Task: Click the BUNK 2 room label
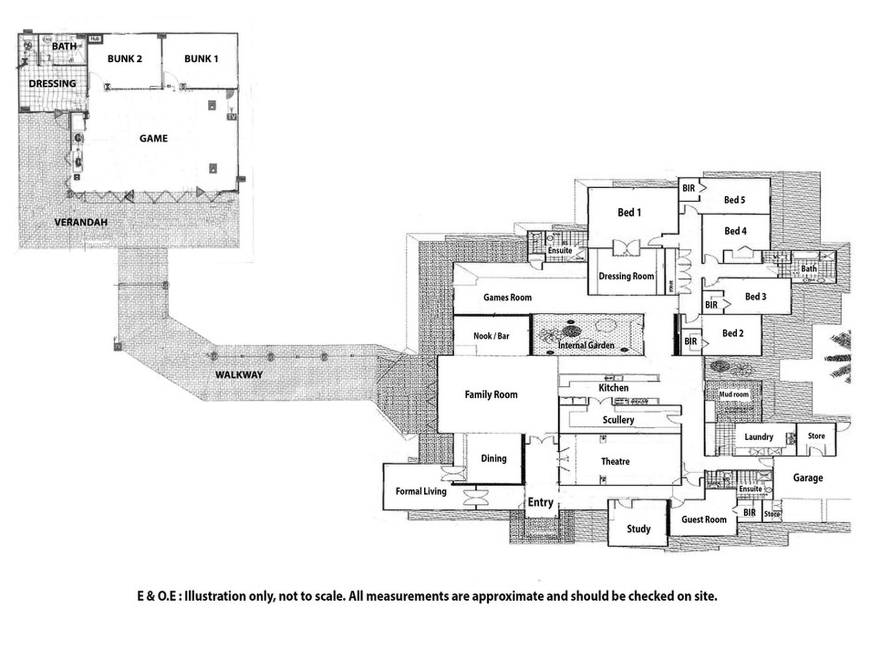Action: coord(124,59)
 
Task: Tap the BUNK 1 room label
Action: coord(201,59)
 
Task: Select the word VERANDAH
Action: coord(81,222)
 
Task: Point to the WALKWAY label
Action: coord(239,375)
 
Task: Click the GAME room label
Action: coord(153,138)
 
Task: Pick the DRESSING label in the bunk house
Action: coord(52,84)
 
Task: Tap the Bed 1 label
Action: coord(629,213)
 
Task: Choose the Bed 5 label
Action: coord(734,200)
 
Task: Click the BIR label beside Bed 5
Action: coord(689,188)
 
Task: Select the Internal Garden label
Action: coord(586,345)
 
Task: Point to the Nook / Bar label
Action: coord(491,336)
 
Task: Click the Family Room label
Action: coord(491,395)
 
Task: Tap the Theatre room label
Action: coord(615,462)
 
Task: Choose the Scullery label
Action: coord(618,420)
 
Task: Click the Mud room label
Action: coord(734,395)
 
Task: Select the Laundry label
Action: coord(759,437)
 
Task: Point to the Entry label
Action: coord(540,502)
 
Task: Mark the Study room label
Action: coord(638,529)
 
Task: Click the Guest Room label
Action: coord(704,520)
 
